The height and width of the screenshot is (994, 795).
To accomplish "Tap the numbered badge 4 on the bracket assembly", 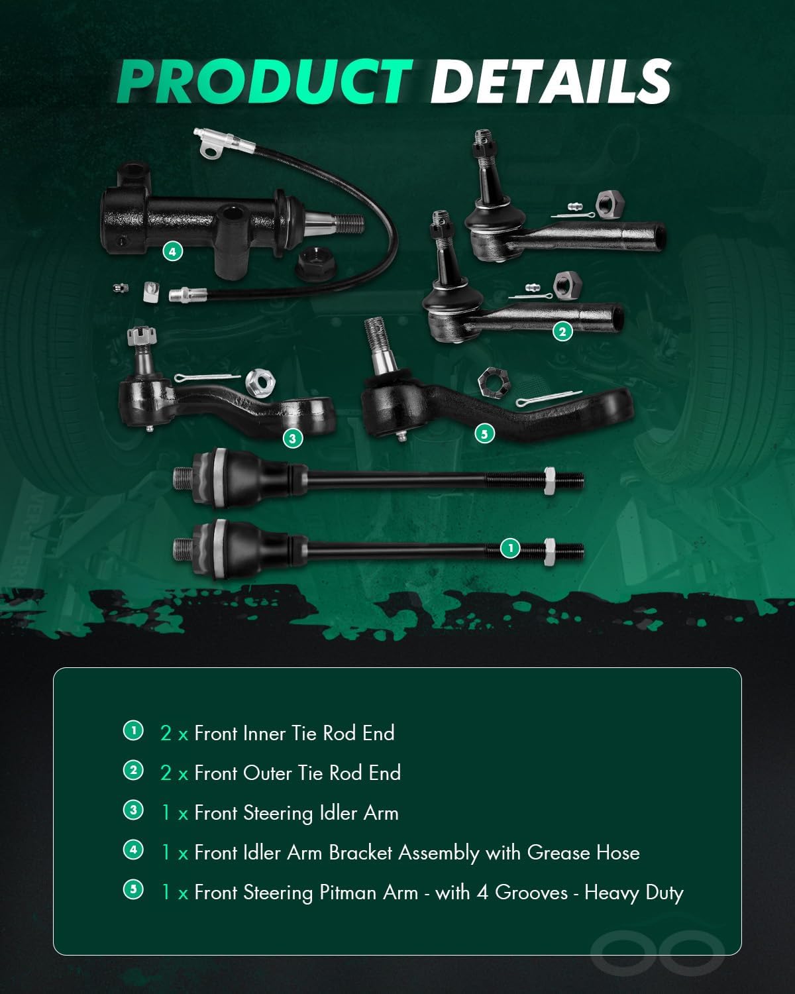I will click(172, 251).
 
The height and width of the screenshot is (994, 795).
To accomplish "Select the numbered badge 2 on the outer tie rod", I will click(562, 331).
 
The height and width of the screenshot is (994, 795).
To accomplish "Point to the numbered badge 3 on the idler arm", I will click(292, 438).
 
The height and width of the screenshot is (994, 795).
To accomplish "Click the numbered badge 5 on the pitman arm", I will click(484, 433).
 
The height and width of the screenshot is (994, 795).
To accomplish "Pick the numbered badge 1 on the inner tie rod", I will click(509, 548).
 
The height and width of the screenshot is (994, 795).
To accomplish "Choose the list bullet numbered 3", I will click(133, 810).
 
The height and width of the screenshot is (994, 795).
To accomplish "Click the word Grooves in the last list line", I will click(531, 893).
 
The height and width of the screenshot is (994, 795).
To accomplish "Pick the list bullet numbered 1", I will click(133, 731).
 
